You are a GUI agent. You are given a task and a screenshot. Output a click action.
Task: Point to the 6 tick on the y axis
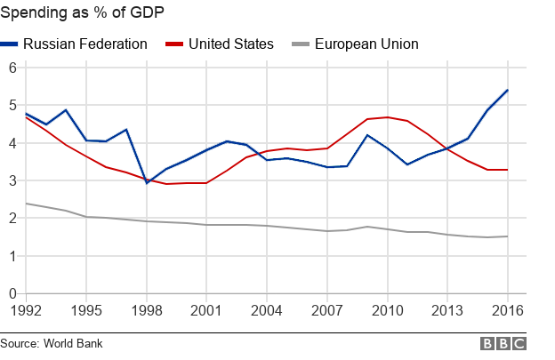click(12, 68)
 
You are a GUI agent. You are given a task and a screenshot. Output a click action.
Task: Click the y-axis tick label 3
click(12, 180)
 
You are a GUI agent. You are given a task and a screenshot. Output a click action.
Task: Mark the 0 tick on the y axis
click(12, 293)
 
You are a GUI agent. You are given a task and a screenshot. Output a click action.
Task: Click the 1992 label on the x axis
click(25, 312)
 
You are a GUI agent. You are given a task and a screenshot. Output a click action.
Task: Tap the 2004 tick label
click(266, 312)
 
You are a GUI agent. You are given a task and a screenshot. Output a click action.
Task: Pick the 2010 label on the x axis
click(386, 312)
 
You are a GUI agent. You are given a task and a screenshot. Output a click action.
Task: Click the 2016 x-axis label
click(506, 312)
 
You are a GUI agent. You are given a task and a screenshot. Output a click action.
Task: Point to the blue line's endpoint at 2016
click(507, 90)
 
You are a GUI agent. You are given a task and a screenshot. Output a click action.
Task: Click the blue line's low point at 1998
click(146, 182)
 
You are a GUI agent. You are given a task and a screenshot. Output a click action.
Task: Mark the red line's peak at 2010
click(387, 117)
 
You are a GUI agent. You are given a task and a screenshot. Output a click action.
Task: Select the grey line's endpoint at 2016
click(507, 236)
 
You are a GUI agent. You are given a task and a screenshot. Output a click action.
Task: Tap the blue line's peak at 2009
click(366, 135)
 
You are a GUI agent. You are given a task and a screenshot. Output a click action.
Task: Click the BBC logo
click(503, 344)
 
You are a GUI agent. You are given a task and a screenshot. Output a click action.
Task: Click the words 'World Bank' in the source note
click(76, 342)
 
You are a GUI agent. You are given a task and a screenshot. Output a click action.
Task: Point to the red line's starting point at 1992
click(25, 116)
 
